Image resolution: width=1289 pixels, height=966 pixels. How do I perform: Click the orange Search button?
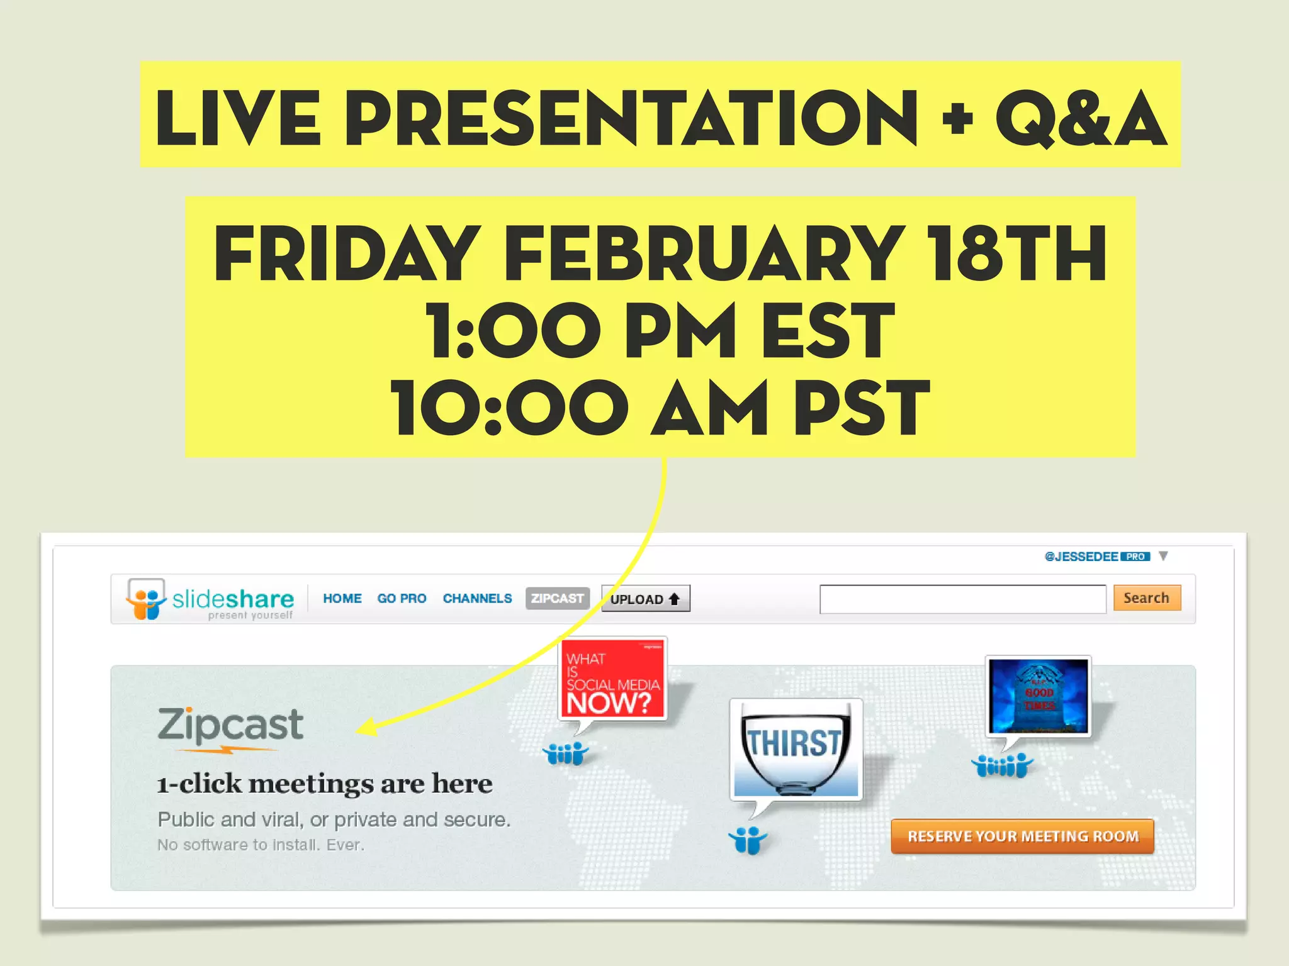point(1146,597)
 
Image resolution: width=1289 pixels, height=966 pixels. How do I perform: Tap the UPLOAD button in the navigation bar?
point(645,599)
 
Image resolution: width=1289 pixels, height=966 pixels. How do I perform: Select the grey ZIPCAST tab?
point(557,598)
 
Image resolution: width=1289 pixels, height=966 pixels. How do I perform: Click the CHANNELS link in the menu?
point(477,598)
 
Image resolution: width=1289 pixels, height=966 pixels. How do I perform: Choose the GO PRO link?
point(402,598)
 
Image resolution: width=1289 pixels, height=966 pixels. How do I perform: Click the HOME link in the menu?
point(342,598)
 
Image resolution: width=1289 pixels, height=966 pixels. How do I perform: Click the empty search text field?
point(962,599)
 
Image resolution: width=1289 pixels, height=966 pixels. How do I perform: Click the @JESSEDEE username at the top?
point(1081,557)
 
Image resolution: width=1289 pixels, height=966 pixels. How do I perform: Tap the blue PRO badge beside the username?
point(1135,557)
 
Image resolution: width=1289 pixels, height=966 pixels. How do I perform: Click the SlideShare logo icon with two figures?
point(146,599)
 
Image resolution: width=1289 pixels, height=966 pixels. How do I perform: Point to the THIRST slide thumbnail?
point(796,748)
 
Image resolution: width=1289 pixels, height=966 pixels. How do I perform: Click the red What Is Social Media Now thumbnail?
point(612,679)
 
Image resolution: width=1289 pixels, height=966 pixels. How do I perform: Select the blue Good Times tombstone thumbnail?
point(1039,696)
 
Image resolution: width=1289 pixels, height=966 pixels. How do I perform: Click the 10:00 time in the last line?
point(509,408)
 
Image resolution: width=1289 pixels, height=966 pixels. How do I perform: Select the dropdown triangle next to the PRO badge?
point(1163,556)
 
